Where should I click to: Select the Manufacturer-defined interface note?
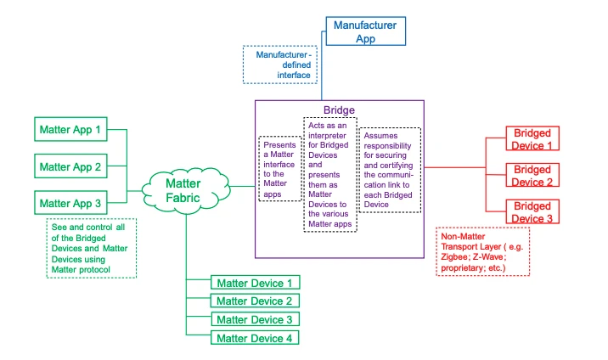[281, 65]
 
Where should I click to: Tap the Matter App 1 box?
[70, 131]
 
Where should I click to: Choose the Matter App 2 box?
[70, 167]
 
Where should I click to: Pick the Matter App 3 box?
[70, 204]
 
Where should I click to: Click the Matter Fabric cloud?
[183, 189]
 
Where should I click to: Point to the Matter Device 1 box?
[255, 283]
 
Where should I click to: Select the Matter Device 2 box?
[255, 301]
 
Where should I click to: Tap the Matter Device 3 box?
[255, 320]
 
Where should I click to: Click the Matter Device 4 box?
[255, 339]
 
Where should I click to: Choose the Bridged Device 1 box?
[533, 139]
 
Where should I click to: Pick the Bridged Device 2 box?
[533, 176]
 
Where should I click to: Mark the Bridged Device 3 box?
[533, 212]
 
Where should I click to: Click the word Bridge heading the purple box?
[340, 110]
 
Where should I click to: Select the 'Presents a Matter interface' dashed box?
[280, 167]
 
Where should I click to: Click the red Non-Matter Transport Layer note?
[481, 250]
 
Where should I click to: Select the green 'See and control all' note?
[90, 247]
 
